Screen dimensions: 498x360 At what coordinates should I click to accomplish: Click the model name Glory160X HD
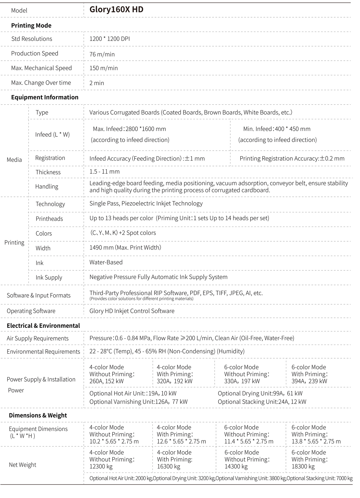116,10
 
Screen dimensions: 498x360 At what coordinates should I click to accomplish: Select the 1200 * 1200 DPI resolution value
110,39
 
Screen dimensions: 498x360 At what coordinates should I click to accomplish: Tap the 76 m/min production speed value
102,54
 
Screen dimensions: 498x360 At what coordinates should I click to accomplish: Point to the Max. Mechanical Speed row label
41,68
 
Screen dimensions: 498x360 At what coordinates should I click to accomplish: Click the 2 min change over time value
97,83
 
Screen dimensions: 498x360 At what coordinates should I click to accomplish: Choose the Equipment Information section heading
45,97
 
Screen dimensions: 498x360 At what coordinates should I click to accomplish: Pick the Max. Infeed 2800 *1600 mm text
129,129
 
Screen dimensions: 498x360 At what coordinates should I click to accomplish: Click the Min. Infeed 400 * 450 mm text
277,129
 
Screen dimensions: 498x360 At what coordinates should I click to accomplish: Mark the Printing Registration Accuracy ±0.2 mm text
292,158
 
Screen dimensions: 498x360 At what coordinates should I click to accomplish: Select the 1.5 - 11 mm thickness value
104,171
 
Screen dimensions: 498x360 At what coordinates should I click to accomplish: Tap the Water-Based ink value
106,262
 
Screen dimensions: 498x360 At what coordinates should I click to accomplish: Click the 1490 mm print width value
125,247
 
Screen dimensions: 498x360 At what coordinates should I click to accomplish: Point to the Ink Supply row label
49,278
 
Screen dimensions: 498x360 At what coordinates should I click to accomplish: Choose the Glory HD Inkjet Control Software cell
132,311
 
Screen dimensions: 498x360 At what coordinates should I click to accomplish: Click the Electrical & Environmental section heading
43,326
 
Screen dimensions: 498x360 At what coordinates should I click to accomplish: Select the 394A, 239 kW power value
309,381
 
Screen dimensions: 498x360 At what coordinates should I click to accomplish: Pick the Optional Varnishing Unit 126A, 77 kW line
138,402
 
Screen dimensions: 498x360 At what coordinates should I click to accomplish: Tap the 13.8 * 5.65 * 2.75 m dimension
316,441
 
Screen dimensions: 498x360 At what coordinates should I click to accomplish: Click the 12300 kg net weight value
101,466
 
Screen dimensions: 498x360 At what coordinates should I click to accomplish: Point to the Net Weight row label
23,465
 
